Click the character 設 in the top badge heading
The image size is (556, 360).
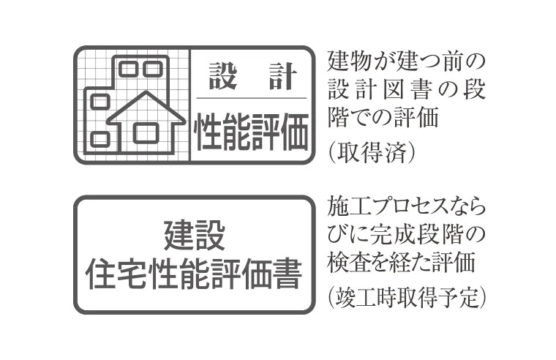(222, 76)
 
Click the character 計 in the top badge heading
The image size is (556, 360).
(282, 76)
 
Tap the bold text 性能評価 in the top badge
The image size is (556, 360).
(252, 132)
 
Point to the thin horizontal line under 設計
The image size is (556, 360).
(252, 98)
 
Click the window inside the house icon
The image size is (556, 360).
(146, 132)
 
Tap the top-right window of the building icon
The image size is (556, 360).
(153, 69)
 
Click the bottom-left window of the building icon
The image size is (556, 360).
(99, 139)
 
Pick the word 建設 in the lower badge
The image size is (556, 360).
(195, 234)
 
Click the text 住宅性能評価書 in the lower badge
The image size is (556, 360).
(195, 274)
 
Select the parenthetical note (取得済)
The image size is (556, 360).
(372, 152)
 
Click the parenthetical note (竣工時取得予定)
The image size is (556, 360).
(406, 297)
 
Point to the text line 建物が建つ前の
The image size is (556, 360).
(406, 61)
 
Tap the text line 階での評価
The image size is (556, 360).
(383, 117)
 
